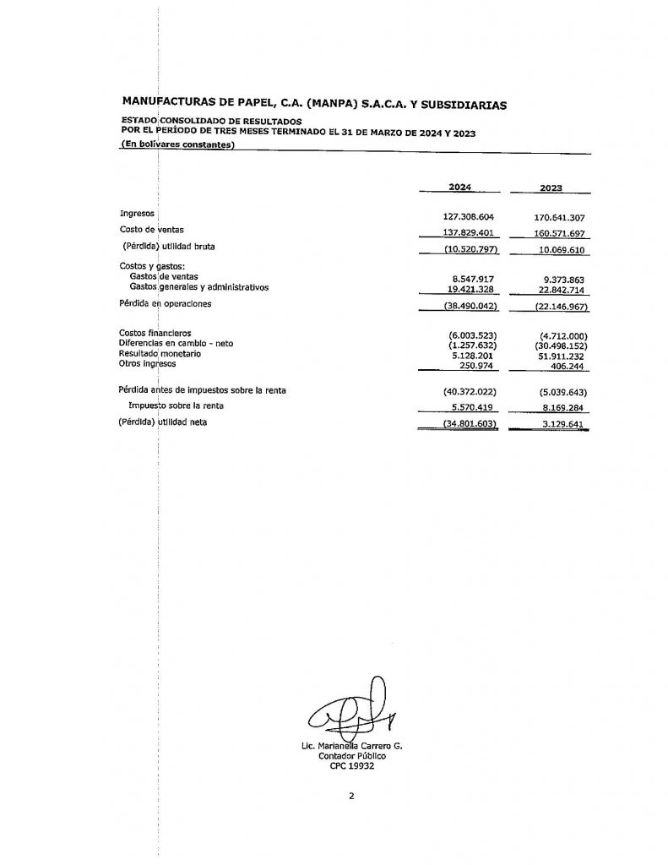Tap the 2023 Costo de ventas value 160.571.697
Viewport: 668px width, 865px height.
[554, 232]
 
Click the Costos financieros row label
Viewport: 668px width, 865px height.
[155, 334]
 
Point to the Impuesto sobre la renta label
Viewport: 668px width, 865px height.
[177, 405]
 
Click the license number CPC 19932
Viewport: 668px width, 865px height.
[353, 766]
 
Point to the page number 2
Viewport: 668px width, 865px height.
[351, 796]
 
